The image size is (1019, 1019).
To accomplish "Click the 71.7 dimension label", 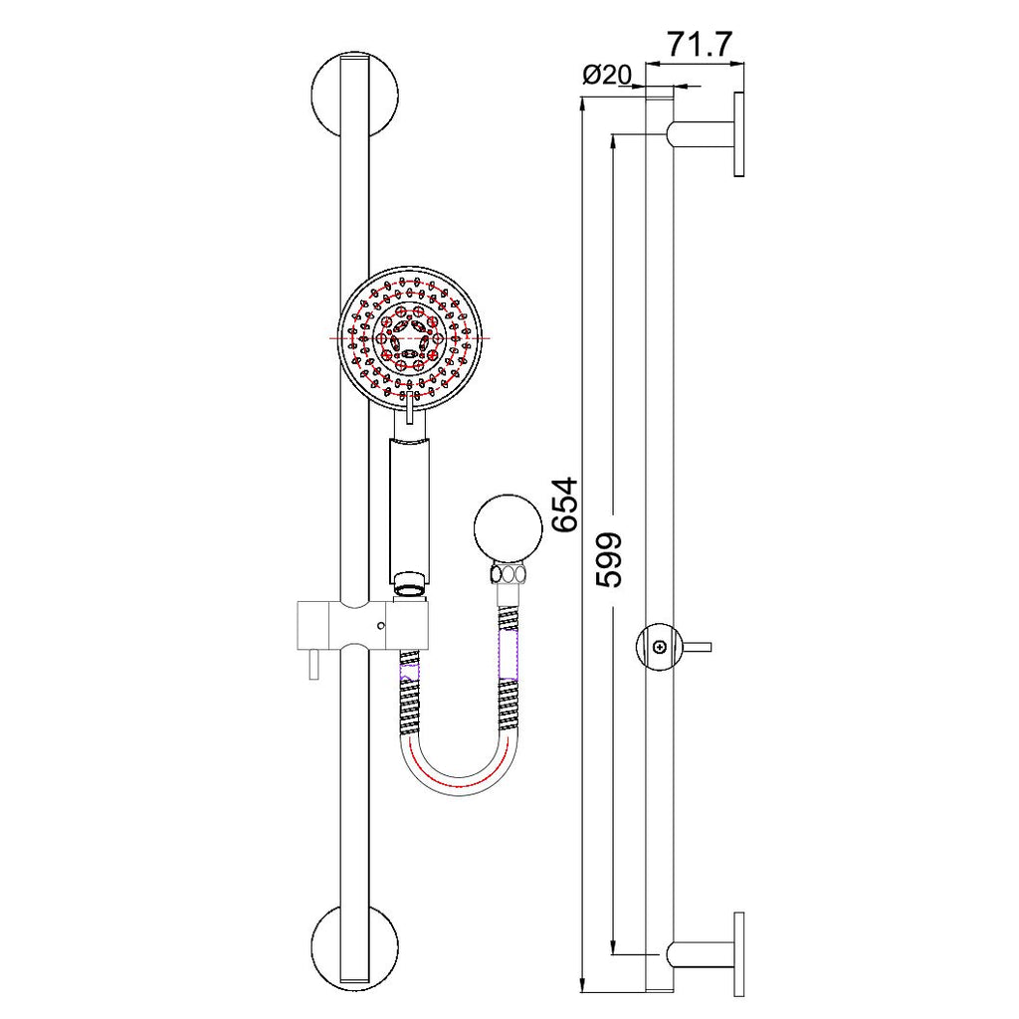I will [x=700, y=45].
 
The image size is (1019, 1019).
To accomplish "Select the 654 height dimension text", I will [x=565, y=506].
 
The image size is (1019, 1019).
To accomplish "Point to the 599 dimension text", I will [x=610, y=559].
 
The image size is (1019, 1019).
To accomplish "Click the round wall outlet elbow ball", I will [x=508, y=531].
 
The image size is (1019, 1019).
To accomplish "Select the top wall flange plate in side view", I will [x=739, y=134].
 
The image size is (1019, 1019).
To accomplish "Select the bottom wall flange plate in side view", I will [x=739, y=953].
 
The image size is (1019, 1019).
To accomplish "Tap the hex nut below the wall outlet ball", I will [x=509, y=574].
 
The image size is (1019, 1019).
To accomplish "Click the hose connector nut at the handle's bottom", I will [x=409, y=585].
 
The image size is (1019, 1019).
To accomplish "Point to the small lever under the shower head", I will [x=409, y=408].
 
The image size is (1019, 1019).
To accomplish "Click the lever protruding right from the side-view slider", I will [x=699, y=647].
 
